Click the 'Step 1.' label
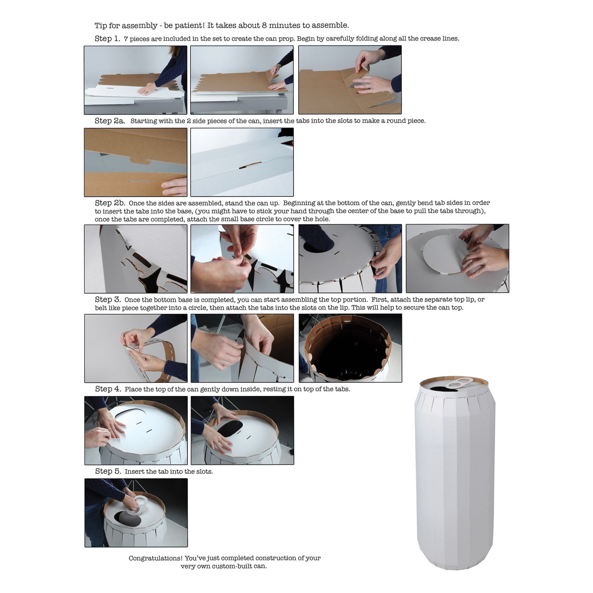107,39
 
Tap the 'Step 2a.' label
110,121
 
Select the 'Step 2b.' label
110,203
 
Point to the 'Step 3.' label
108,299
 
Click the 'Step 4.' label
108,389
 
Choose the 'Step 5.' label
108,471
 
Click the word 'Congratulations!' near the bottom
155,558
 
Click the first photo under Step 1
135,80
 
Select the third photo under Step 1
350,80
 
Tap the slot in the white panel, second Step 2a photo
250,165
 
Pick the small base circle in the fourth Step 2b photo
447,255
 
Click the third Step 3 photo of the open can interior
350,348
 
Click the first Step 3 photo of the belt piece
136,348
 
